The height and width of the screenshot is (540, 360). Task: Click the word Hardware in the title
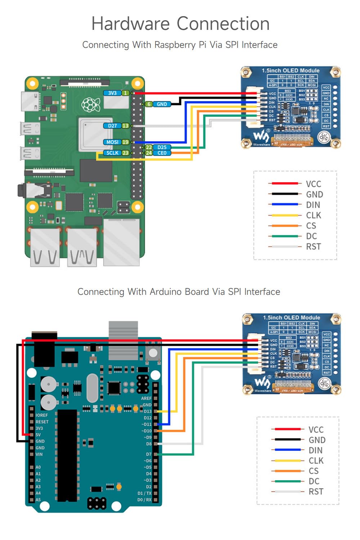[130, 24]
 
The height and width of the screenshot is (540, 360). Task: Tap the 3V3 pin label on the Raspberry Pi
[112, 93]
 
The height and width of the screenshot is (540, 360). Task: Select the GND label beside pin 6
[162, 104]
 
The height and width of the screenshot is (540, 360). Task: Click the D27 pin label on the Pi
[112, 126]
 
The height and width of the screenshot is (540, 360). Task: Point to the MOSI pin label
[112, 142]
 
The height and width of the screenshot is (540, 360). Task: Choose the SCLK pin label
[112, 153]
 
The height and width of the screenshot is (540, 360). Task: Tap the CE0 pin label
[162, 153]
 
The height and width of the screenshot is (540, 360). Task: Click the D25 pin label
[162, 147]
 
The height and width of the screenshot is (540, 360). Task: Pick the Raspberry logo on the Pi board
[91, 104]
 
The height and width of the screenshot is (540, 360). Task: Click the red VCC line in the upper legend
[285, 184]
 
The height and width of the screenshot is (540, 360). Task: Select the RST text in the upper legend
[313, 247]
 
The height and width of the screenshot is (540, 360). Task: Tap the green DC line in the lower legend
[287, 481]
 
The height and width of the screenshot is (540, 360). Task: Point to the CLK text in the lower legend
[316, 461]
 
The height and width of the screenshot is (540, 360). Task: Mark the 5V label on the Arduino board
[38, 435]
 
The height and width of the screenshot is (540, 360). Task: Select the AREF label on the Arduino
[146, 398]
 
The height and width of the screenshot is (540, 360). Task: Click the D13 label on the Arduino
[148, 411]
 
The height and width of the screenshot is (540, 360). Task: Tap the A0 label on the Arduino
[38, 467]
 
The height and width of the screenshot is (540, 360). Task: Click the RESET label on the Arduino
[42, 422]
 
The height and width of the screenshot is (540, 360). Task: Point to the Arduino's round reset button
[153, 354]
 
